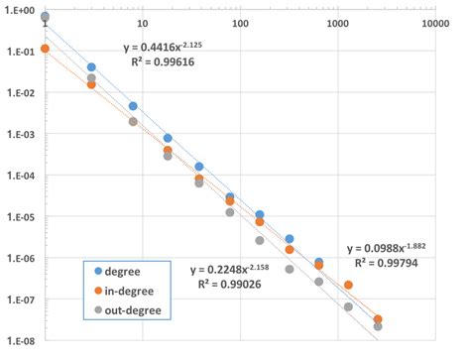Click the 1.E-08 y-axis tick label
tap(18, 341)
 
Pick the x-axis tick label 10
tap(142, 22)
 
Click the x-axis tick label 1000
tap(338, 22)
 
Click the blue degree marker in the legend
tap(96, 270)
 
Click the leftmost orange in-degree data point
tap(45, 48)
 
